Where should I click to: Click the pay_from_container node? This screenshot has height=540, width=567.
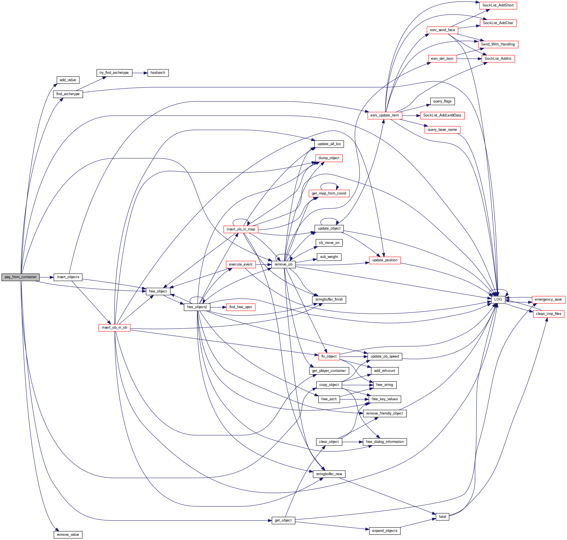coord(20,277)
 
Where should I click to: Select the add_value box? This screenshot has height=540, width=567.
coord(68,80)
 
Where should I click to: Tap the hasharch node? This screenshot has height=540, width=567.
coord(158,73)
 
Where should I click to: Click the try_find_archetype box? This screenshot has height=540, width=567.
coord(114,73)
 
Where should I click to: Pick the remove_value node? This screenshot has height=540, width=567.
coord(68,535)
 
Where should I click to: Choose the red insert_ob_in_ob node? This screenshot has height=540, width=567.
coord(114,328)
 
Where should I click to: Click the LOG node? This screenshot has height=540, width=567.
coord(498,299)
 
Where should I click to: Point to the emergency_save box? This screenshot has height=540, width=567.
coord(548,299)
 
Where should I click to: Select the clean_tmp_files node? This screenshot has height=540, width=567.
coord(548,314)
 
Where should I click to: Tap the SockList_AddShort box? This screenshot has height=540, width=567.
coord(498,5)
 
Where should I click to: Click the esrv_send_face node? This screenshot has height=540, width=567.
coord(442,30)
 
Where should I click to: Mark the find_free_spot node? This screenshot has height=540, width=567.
coord(240,307)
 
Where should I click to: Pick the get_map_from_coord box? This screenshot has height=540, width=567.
coord(329,193)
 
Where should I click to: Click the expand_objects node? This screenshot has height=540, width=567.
coord(384,530)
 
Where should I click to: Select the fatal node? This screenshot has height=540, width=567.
coord(442,517)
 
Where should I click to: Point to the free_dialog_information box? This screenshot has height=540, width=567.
coord(384,442)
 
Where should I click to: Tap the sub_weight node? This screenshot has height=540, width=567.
coord(329,257)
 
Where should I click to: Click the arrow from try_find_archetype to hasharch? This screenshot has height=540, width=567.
coord(140,73)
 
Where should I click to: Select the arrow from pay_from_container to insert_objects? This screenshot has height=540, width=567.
coord(46,277)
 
